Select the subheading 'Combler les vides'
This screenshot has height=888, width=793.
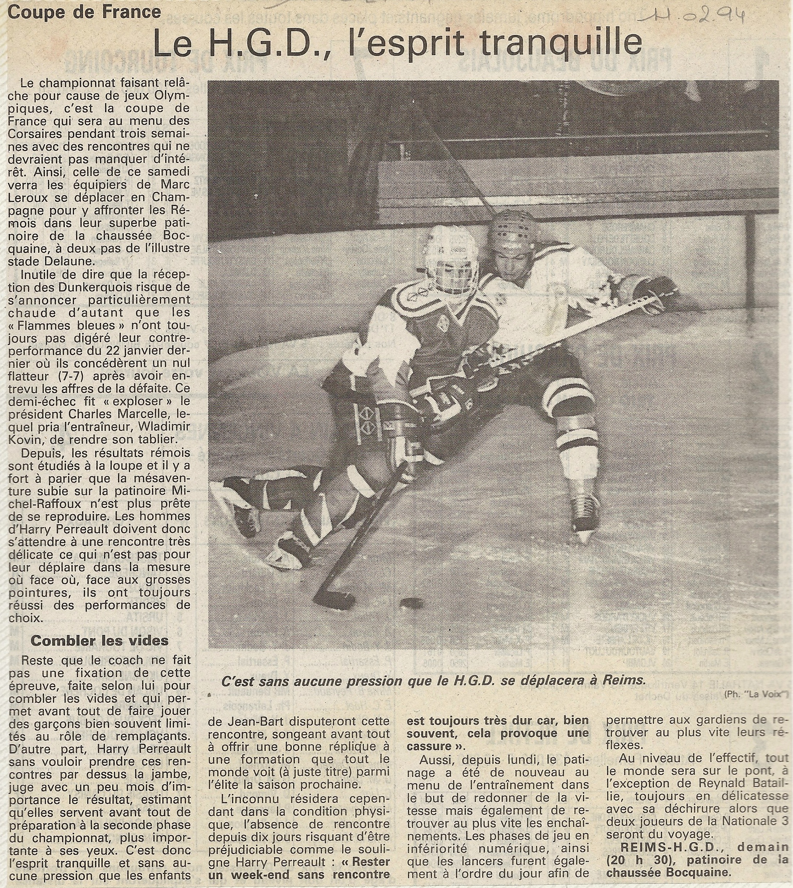99,641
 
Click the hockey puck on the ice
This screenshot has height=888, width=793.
411,603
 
